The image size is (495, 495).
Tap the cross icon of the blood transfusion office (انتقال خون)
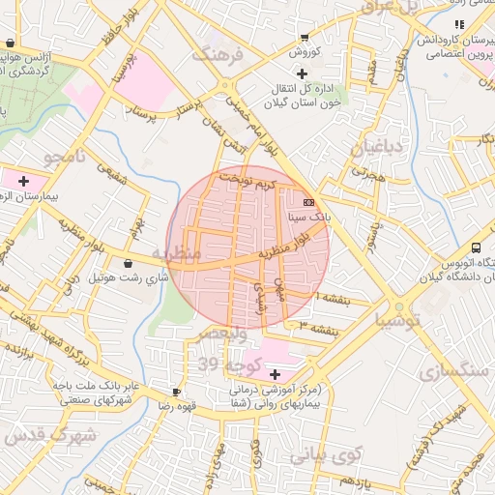[302, 74]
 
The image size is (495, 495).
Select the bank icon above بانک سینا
[308, 202]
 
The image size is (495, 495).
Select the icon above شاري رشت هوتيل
[129, 263]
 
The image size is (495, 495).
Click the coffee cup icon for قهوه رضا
[176, 392]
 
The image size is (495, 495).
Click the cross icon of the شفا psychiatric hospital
[275, 374]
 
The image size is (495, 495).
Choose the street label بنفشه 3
[319, 328]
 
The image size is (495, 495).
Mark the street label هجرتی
[367, 173]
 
